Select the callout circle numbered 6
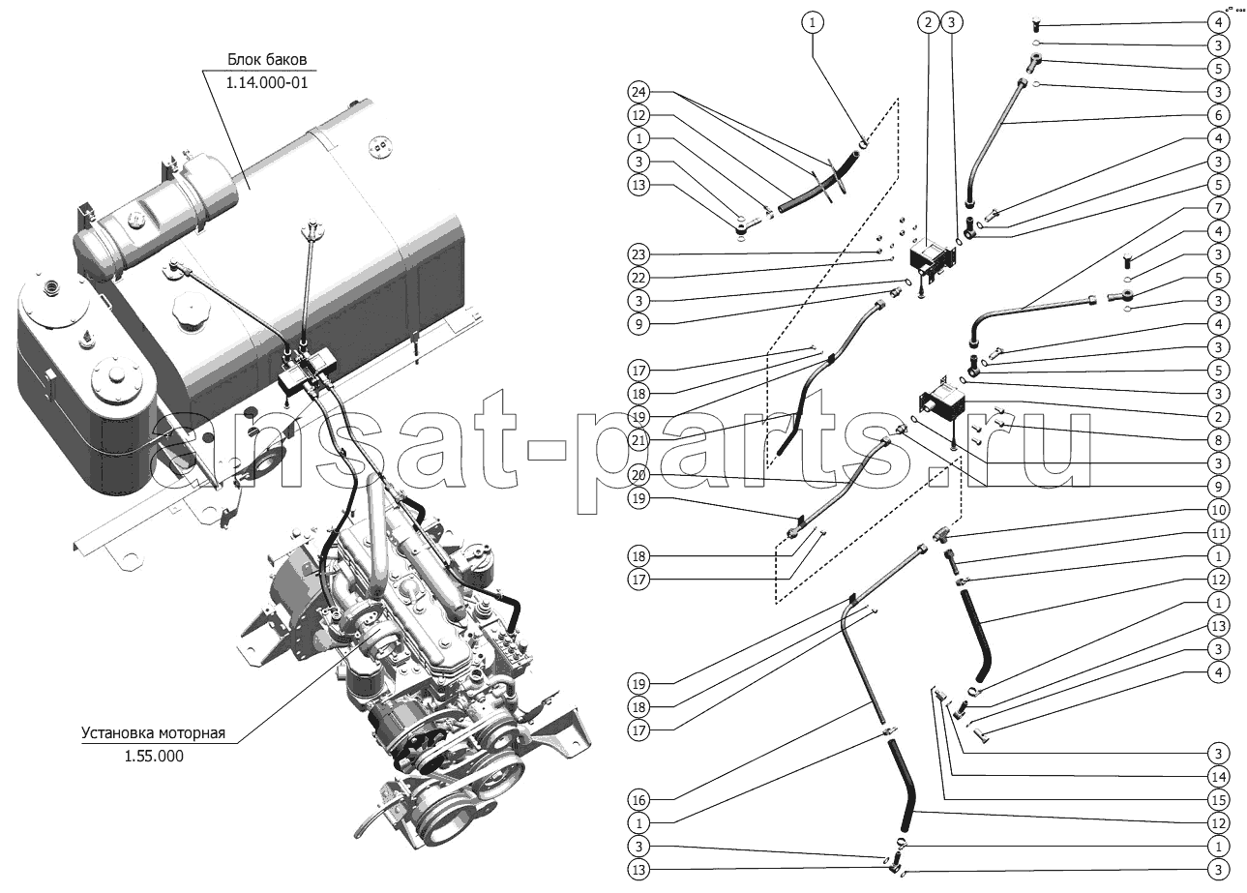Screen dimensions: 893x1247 coord(1219,115)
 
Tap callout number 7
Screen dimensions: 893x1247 coord(1219,208)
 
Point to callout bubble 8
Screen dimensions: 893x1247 coord(1219,440)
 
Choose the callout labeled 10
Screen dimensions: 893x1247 coord(1219,510)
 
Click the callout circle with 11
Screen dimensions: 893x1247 coord(1219,533)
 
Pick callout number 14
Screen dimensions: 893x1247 coord(1219,777)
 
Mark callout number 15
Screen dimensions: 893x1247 coord(1219,800)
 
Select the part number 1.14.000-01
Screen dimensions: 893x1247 coord(266,83)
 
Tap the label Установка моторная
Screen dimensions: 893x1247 coord(153,732)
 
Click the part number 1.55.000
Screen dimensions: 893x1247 coord(153,756)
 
